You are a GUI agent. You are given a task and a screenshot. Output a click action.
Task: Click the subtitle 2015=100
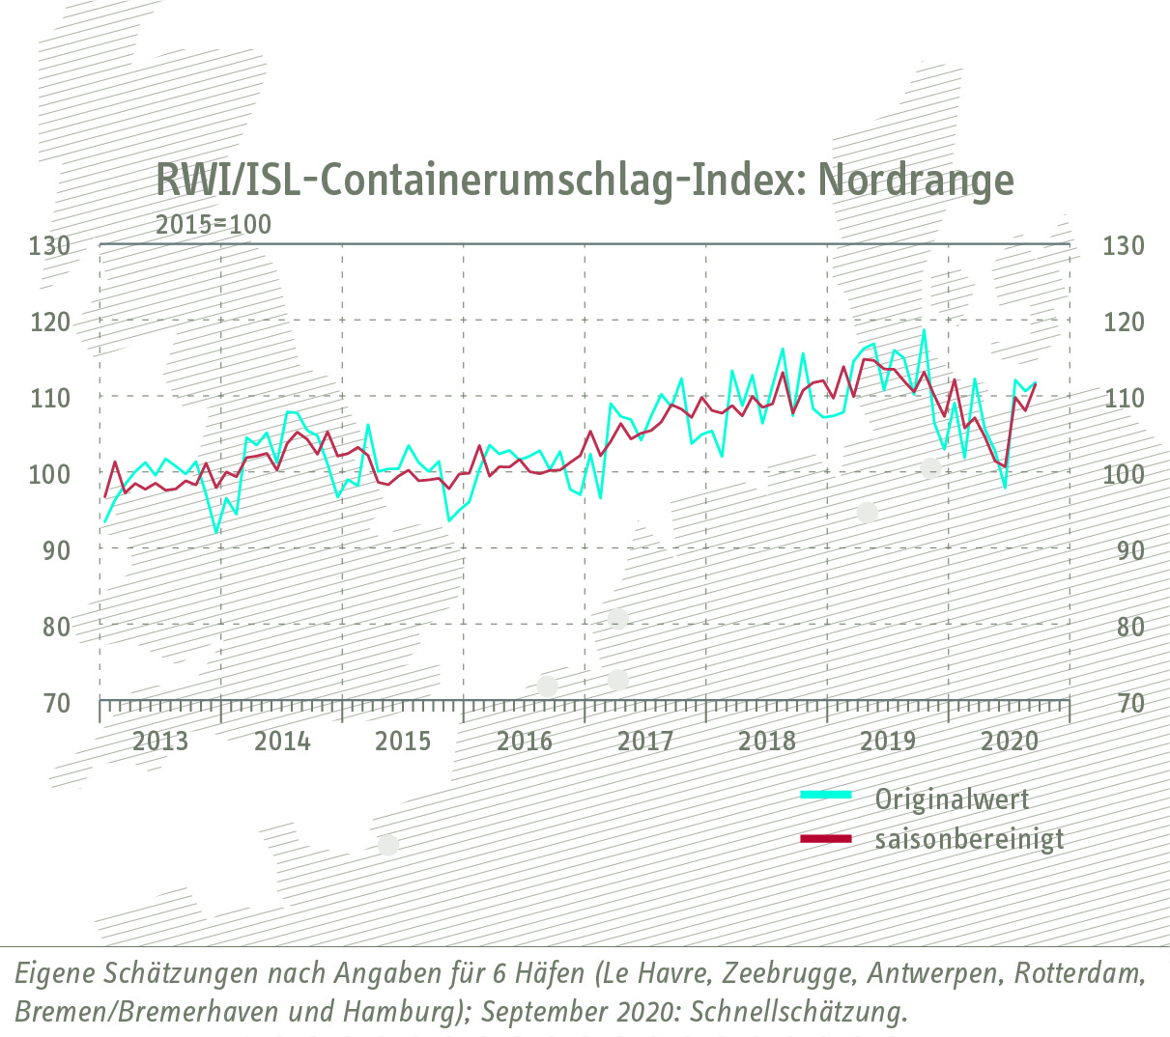214,225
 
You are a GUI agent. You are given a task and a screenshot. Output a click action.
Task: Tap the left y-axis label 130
49,245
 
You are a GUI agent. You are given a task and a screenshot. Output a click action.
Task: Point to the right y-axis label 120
1123,322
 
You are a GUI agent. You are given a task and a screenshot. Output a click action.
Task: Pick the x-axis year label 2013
160,742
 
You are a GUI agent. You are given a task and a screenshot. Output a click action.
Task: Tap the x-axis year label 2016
524,742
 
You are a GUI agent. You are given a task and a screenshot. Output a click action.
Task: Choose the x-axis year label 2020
1009,742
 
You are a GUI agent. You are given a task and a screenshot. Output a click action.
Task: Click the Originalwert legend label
952,799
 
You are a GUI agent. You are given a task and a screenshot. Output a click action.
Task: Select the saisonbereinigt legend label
969,839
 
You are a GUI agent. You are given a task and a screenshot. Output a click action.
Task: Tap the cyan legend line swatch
826,795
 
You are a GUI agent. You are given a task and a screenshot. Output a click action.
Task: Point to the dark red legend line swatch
826,838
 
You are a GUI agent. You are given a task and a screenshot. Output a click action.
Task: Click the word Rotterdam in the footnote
1079,973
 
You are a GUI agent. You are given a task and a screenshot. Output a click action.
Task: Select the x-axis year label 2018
766,742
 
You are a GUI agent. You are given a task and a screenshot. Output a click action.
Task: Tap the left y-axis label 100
49,474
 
